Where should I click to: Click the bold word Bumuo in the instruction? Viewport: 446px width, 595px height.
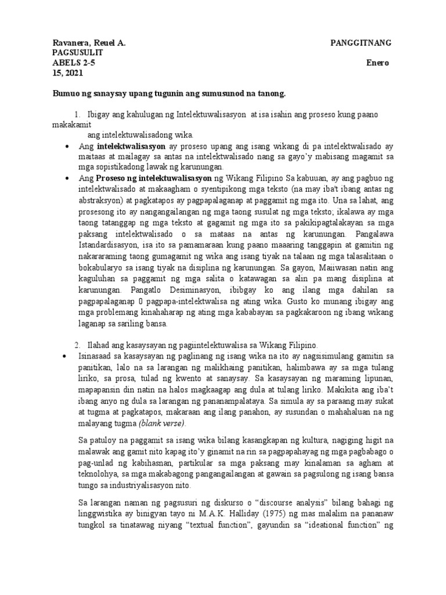coord(67,93)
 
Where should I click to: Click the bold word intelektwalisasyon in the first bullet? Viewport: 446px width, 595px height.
coord(131,146)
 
